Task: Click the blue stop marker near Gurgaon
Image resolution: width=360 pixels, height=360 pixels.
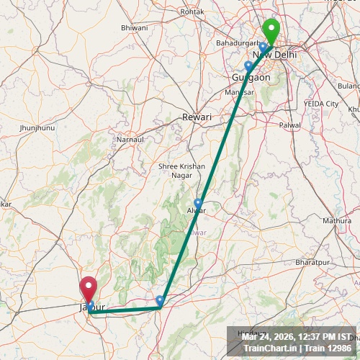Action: point(248,66)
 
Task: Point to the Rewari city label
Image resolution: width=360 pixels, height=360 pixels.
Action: point(197,117)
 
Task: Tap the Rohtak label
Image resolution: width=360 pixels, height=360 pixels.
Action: point(192,12)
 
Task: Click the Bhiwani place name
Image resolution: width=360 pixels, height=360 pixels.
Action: point(135,27)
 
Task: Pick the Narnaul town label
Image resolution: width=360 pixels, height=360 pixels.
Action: point(130,138)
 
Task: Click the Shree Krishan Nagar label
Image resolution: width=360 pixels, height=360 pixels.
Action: point(181,171)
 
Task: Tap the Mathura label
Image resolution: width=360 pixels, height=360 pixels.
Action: point(336,220)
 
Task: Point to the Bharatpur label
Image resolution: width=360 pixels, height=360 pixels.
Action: point(311,263)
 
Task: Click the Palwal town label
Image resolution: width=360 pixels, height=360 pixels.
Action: point(290,125)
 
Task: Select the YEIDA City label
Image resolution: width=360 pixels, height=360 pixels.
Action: point(320,104)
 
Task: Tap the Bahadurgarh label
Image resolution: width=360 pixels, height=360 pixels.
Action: point(237,43)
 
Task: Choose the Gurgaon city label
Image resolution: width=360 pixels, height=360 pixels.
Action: point(251,77)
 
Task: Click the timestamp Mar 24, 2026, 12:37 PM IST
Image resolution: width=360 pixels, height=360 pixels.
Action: point(297,337)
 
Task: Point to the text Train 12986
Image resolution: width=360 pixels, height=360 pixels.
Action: point(328,348)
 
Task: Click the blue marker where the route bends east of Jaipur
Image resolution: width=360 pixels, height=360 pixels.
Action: point(160,300)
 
